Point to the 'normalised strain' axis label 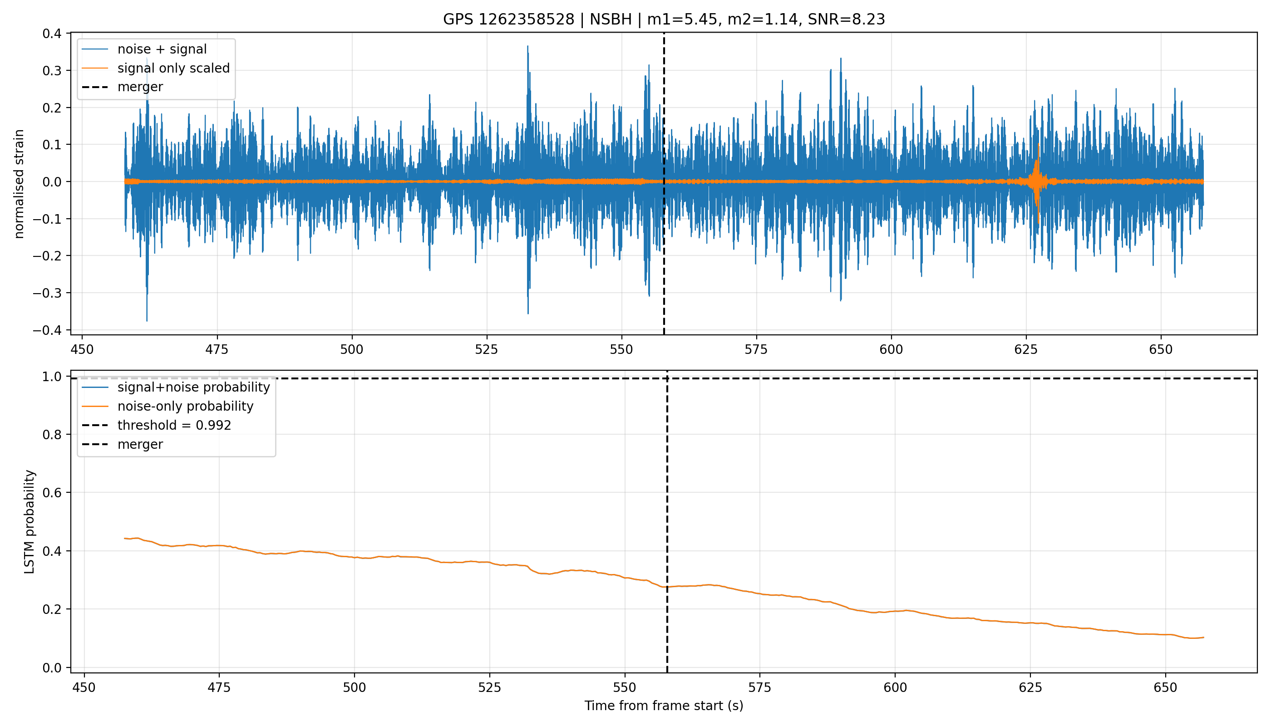19,184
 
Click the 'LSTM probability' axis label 30,521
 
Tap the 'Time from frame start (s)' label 664,706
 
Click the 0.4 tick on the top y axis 52,34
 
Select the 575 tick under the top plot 756,349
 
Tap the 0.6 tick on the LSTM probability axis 52,493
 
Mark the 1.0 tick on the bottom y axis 52,377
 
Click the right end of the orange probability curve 1204,637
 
